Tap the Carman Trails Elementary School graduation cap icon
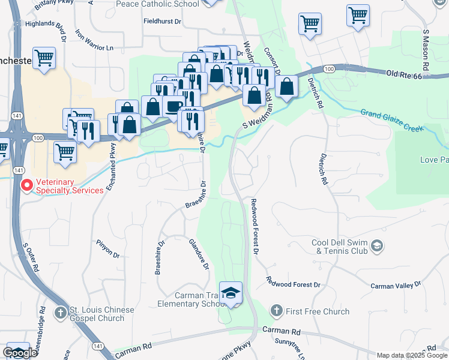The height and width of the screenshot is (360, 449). (231, 293)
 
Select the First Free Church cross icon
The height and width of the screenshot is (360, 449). (276, 311)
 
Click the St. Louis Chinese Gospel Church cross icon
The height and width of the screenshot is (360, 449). (61, 313)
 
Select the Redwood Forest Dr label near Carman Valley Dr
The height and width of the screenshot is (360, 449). (294, 283)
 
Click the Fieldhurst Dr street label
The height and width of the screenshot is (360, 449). (162, 21)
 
